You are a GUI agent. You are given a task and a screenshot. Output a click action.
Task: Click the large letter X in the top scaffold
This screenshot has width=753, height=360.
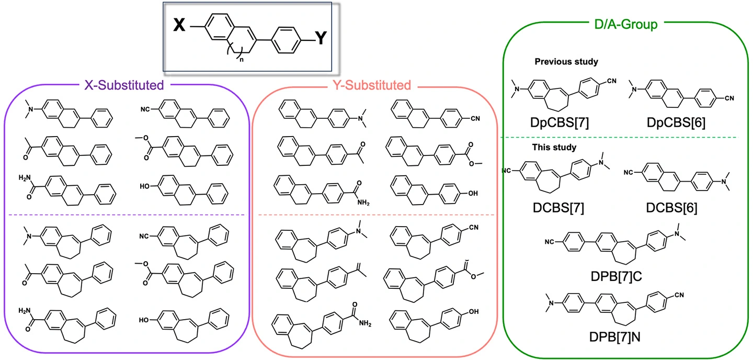pos(179,25)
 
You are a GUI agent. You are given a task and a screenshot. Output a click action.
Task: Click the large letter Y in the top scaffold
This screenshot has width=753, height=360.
pos(321,38)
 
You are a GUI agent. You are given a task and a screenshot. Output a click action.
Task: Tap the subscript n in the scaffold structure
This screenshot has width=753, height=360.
pos(242,60)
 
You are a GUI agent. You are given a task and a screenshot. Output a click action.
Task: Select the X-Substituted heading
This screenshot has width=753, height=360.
pos(124,85)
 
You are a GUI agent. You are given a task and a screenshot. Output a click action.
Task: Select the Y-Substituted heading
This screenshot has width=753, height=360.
pos(372,85)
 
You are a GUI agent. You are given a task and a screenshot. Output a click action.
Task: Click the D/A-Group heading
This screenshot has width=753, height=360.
pos(625,24)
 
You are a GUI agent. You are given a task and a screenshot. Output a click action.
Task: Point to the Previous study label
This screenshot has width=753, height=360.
pos(566,62)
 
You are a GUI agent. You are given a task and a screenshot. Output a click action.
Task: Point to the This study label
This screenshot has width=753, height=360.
pos(554,147)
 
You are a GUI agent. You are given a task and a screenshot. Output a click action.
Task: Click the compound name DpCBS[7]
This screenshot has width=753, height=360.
pos(560,122)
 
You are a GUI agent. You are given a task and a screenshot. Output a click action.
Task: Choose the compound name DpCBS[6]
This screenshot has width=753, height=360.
pos(676,122)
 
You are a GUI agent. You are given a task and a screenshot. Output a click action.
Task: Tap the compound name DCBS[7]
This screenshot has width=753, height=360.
pos(558,208)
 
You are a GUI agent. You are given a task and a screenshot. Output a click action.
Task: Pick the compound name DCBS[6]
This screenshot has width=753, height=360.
pos(671,208)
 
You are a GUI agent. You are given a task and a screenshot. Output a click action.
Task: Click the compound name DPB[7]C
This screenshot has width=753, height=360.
pos(616,276)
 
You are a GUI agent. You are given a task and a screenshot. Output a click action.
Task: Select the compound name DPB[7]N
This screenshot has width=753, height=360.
pos(615,337)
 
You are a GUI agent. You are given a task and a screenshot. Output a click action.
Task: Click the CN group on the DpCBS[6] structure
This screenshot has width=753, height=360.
pos(729,98)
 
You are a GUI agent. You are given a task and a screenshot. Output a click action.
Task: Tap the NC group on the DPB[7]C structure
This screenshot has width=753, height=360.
pos(550,242)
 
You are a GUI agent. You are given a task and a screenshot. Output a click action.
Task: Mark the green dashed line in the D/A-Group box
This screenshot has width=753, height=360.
pos(619,137)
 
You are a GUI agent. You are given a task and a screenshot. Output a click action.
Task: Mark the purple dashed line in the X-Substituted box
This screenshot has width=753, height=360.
pos(127,215)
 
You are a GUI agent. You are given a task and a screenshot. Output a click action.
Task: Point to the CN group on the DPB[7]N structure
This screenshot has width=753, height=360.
pos(679,295)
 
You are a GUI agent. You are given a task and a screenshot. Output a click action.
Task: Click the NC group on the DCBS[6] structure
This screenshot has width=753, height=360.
pos(629,172)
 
